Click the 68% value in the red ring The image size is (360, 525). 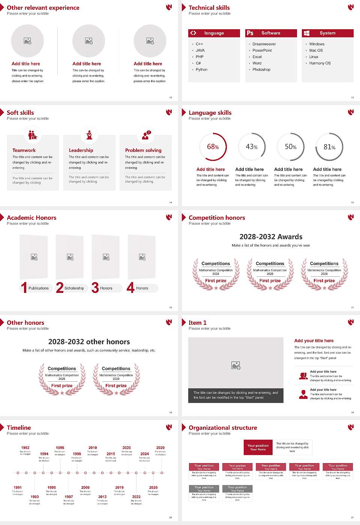(x=213, y=147)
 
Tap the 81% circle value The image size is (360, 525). (x=329, y=147)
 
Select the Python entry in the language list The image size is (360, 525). (x=201, y=69)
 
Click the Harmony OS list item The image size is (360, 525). (x=320, y=63)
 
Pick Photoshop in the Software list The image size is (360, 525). (x=261, y=69)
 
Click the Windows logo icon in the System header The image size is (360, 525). (x=306, y=33)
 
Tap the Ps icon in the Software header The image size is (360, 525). (x=250, y=33)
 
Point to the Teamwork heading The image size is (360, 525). (x=24, y=150)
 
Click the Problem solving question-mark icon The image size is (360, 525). (x=146, y=135)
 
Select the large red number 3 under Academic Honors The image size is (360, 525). (x=95, y=287)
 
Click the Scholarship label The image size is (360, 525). (x=74, y=288)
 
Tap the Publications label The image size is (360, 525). (x=38, y=288)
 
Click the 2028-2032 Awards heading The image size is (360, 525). (x=271, y=237)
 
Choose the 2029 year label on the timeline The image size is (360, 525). (x=160, y=447)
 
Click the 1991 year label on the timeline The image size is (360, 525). (x=18, y=487)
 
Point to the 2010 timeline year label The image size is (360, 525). (x=93, y=447)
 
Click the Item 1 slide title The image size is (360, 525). (x=197, y=322)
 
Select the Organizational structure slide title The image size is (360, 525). (x=223, y=427)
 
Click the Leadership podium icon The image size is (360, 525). (x=89, y=135)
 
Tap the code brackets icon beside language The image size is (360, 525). (x=193, y=33)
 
